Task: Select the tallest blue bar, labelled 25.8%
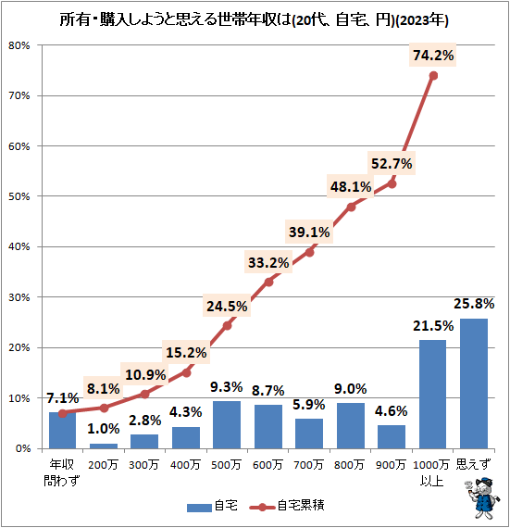tap(474, 383)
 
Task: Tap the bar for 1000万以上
tap(433, 394)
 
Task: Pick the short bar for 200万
tap(103, 446)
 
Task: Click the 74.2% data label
tap(432, 56)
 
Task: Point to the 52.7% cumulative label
tap(392, 164)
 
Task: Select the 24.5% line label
tap(227, 306)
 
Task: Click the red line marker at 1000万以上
tap(433, 75)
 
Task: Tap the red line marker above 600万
tap(268, 282)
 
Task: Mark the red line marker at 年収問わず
tap(62, 413)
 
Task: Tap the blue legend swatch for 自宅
tap(198, 507)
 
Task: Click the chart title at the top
tap(255, 18)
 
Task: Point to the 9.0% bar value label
tap(351, 389)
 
